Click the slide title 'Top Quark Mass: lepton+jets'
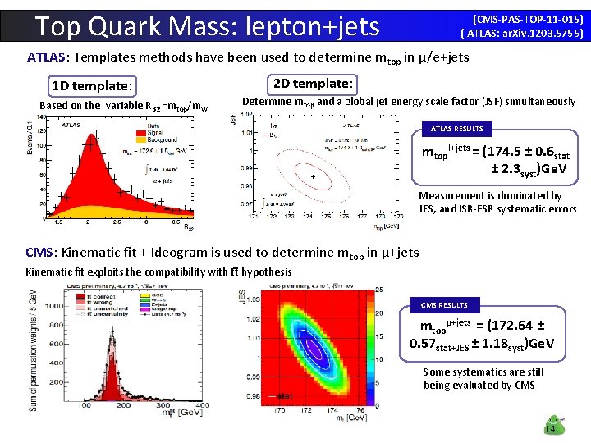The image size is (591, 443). point(208,26)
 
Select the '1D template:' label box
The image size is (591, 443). point(91,85)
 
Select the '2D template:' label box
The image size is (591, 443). point(313,83)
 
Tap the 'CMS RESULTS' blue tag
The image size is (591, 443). point(444,304)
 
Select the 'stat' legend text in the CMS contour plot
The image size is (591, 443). point(284,396)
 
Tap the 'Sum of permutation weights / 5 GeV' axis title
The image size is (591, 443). point(30,349)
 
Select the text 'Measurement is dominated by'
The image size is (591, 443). point(490,195)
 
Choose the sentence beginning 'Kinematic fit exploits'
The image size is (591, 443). point(158,272)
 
